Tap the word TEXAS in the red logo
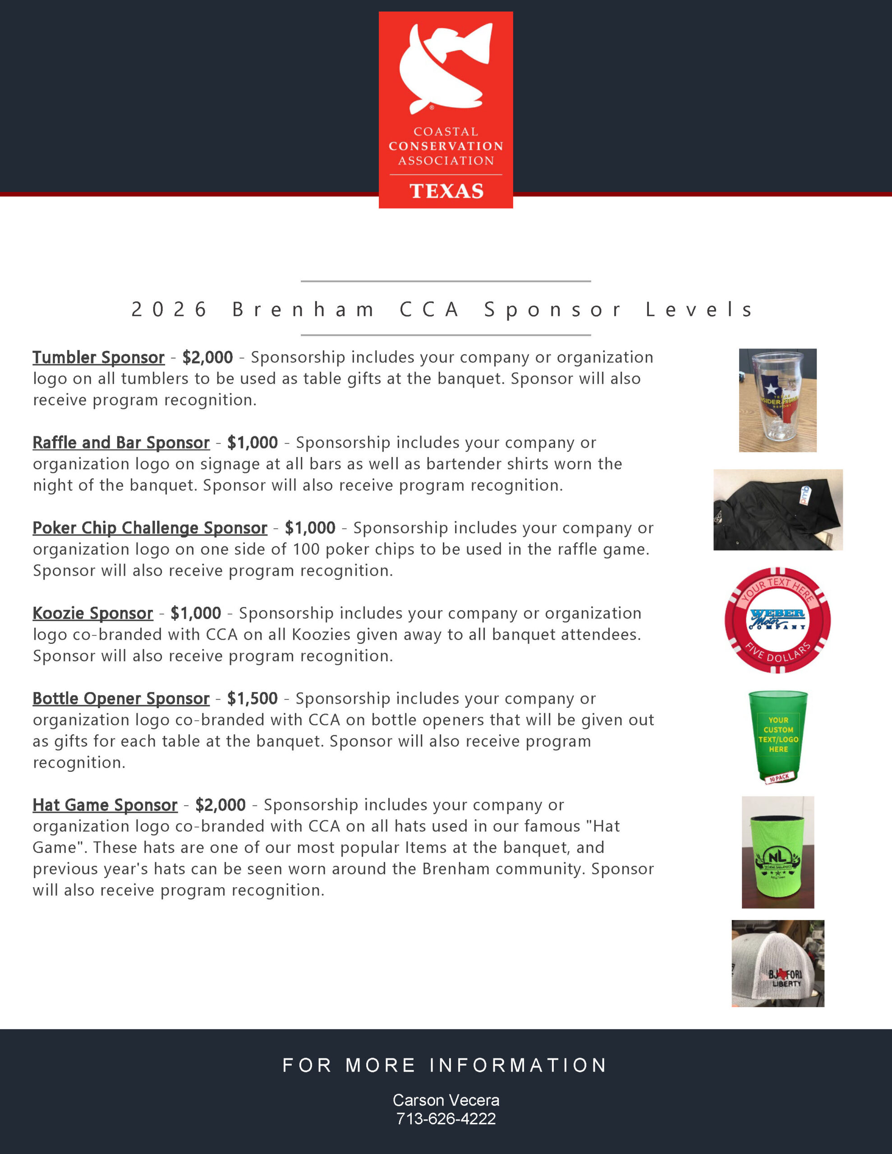[x=446, y=191]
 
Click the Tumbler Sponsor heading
[x=98, y=358]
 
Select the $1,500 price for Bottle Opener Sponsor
[x=252, y=699]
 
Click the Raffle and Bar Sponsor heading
[x=121, y=443]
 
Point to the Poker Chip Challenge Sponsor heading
[x=150, y=528]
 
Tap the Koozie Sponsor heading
[x=92, y=614]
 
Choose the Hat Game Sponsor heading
[x=105, y=805]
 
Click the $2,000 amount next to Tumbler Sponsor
[x=207, y=358]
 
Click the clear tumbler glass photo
[x=777, y=400]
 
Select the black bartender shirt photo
[x=777, y=509]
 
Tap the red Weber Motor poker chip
[x=777, y=620]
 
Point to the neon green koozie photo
[x=777, y=852]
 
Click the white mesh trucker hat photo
[x=777, y=963]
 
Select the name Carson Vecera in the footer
[x=446, y=1100]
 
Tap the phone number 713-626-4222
[x=446, y=1118]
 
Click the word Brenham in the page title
[x=303, y=310]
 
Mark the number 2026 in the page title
[x=169, y=310]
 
